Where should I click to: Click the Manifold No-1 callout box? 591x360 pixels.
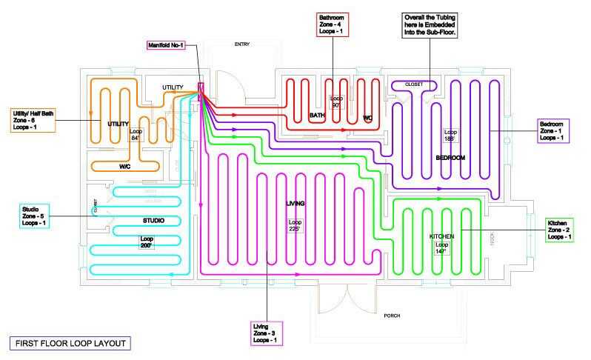[171, 45]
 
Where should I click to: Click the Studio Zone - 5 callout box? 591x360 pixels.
[31, 216]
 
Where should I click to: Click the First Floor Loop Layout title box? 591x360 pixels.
[69, 343]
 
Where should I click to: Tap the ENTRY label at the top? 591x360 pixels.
[241, 44]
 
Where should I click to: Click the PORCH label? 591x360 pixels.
[392, 316]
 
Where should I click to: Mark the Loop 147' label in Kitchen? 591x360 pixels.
[441, 249]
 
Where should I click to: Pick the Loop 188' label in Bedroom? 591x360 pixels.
[451, 136]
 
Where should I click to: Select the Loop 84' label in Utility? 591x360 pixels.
[136, 135]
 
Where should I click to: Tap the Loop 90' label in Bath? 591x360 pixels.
[337, 101]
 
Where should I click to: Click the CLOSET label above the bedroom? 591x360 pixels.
[415, 84]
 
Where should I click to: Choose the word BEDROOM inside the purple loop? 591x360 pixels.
[450, 159]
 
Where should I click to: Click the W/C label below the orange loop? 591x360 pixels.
[126, 166]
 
